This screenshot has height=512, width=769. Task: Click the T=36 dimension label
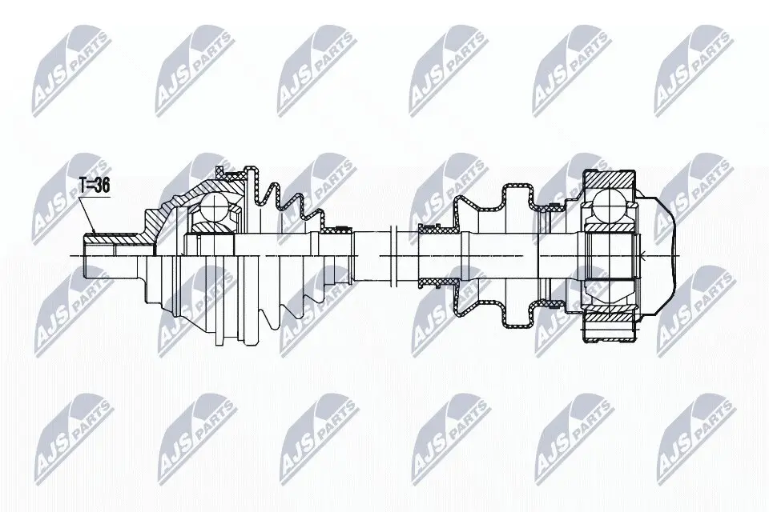[x=95, y=186]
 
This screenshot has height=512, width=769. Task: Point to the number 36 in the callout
[x=102, y=186]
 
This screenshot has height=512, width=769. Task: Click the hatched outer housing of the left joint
[x=160, y=219]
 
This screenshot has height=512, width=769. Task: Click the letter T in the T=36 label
[x=84, y=186]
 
